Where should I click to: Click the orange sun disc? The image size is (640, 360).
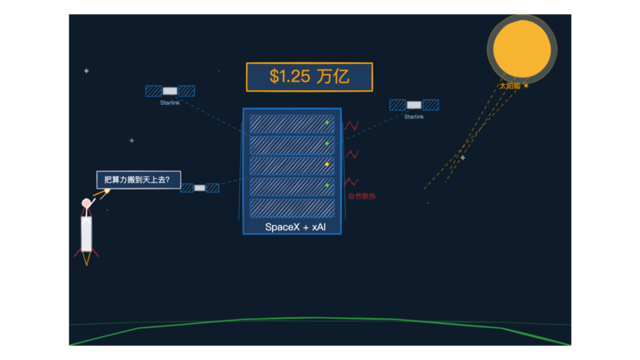521,49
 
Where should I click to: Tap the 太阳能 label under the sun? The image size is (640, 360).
510,86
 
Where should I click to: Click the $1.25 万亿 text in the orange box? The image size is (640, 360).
309,76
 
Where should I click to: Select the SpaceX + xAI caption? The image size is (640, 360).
295,227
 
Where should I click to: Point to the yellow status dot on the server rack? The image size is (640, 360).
327,165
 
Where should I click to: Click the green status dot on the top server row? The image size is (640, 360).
327,123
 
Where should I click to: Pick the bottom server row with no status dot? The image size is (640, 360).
292,208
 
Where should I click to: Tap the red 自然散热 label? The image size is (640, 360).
361,196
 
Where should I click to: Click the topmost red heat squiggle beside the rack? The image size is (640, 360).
351,125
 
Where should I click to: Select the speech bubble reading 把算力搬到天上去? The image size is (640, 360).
139,179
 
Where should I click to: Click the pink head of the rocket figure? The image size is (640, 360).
86,203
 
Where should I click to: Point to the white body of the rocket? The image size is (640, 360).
86,233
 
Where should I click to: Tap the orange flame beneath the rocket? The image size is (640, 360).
87,258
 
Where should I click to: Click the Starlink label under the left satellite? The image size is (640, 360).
170,103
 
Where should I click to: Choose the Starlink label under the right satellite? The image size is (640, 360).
414,117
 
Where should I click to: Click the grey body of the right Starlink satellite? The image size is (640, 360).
414,105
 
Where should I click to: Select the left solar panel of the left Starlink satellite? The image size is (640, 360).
153,91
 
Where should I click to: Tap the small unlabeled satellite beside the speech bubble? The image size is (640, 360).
199,188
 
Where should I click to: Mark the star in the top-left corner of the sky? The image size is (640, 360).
87,71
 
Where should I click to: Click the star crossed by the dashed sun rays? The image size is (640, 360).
463,157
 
